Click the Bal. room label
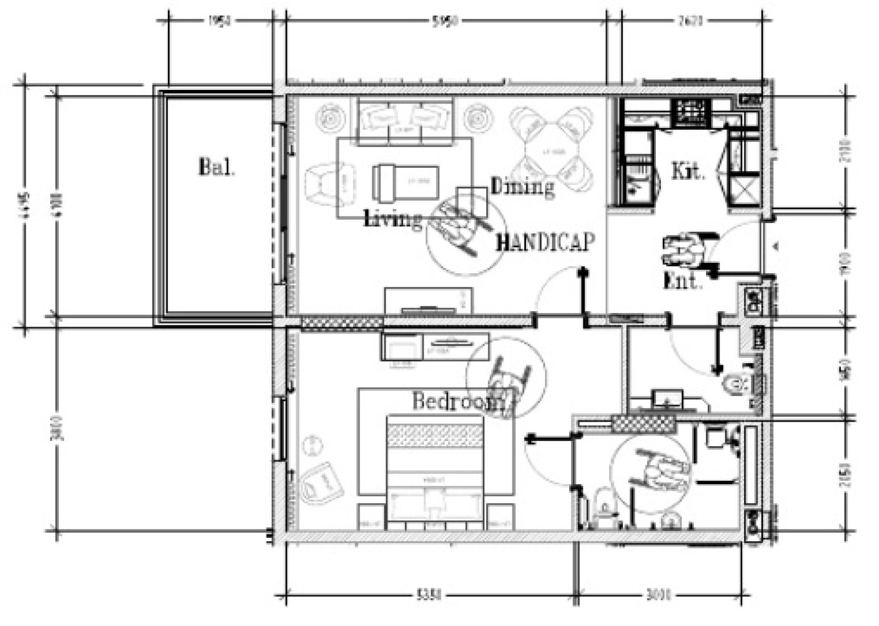(x=216, y=167)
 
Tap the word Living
(x=393, y=217)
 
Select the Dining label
(x=522, y=186)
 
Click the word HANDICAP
(x=545, y=243)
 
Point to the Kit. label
(x=688, y=171)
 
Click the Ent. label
(x=683, y=281)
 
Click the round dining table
(x=551, y=150)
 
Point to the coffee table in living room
(x=406, y=182)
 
